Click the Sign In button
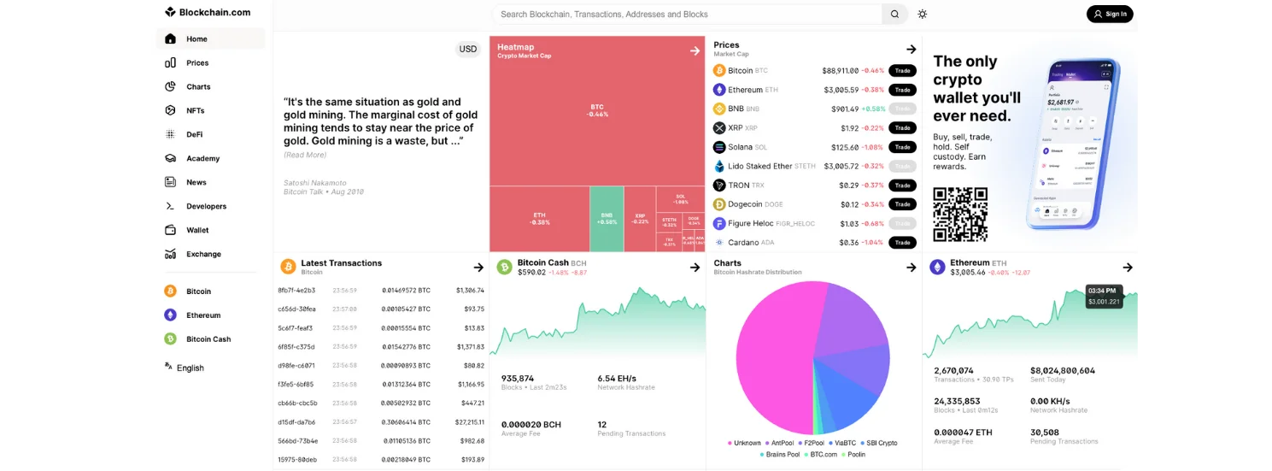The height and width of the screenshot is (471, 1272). point(1110,14)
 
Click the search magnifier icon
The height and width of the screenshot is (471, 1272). point(894,14)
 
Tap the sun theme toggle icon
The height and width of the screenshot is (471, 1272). point(923,14)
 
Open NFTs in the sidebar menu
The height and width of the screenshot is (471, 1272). point(195,110)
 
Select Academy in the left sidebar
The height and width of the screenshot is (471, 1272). point(202,158)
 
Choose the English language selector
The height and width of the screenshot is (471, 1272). point(190,368)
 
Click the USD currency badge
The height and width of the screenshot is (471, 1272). point(468,49)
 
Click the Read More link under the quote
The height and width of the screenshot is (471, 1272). point(305,155)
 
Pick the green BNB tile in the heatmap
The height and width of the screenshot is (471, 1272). point(607,219)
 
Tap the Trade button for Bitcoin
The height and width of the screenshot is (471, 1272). point(902,71)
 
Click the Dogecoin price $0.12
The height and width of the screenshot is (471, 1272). point(849,204)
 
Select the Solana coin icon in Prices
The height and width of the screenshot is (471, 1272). point(719,147)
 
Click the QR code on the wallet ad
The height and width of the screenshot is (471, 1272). point(960,215)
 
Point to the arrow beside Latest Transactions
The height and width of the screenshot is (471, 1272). point(478,268)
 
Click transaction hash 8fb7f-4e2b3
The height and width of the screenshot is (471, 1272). point(296,291)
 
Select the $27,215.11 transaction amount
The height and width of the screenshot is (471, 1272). point(469,422)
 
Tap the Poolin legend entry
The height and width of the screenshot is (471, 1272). point(855,454)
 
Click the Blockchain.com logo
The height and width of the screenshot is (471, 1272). point(208,12)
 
